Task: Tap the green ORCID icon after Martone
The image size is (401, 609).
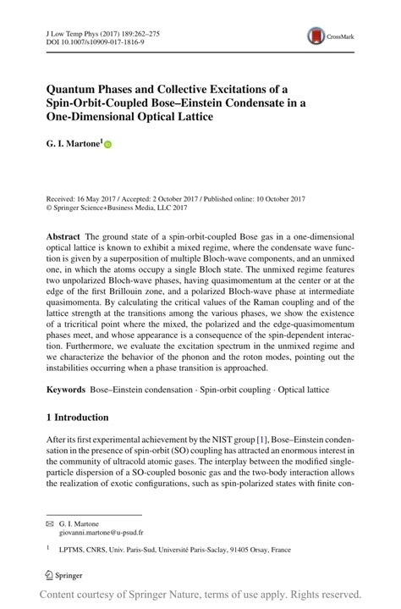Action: [107, 146]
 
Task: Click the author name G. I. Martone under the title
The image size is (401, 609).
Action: [74, 145]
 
